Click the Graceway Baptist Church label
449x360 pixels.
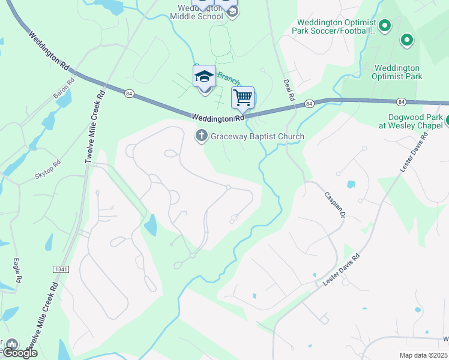[x=257, y=136]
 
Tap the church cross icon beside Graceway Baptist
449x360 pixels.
[x=202, y=136]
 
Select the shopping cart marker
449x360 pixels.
[x=243, y=98]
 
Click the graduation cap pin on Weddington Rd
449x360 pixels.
[x=204, y=77]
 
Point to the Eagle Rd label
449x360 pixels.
[x=17, y=271]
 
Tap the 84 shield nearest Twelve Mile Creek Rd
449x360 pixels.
[x=129, y=93]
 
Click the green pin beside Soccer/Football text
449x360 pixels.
[x=385, y=25]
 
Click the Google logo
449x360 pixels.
[x=20, y=353]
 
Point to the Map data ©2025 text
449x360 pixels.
[x=423, y=355]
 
